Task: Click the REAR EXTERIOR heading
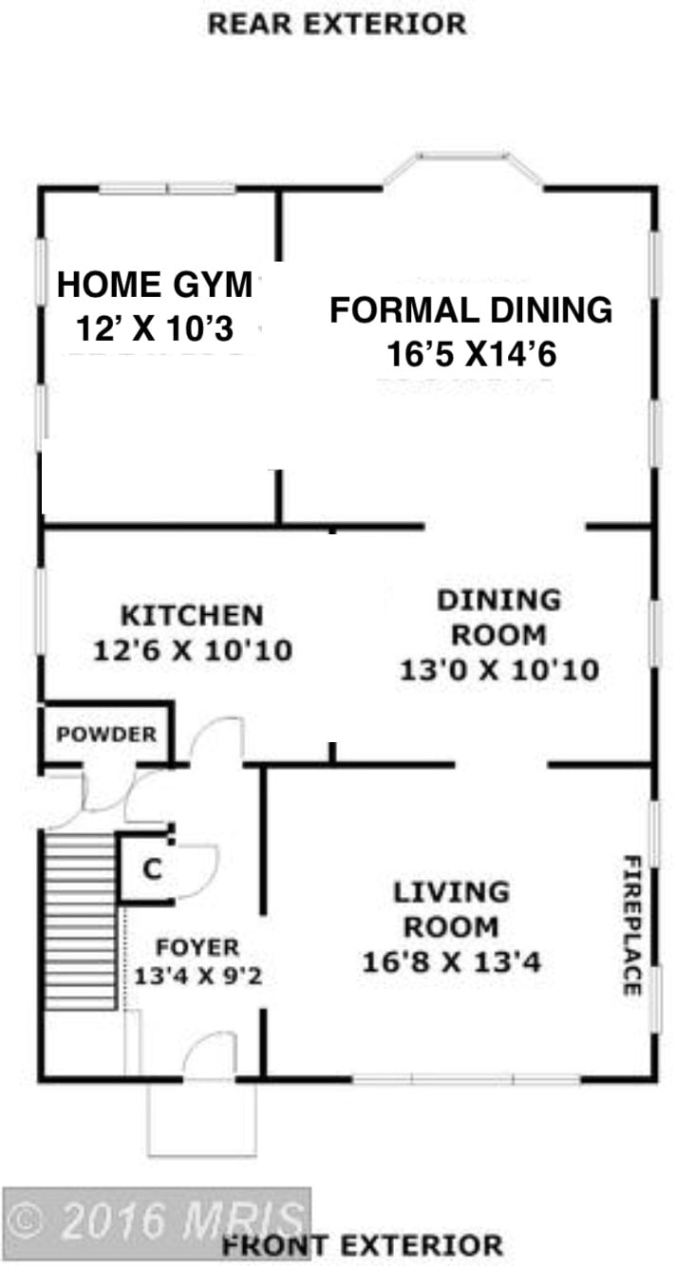(337, 25)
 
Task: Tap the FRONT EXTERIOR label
(362, 1245)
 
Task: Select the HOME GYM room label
(155, 285)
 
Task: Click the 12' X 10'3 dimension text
(155, 328)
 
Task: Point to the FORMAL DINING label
(471, 310)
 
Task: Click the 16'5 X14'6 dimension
(472, 354)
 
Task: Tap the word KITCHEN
(193, 616)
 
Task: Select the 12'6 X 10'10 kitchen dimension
(193, 650)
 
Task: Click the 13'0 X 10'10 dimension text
(499, 670)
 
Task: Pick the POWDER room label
(106, 735)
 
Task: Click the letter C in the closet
(153, 868)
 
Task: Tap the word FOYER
(197, 947)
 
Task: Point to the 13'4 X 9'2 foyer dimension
(197, 976)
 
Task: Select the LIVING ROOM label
(451, 909)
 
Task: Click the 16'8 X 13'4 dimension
(451, 961)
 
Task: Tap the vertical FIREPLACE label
(632, 925)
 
